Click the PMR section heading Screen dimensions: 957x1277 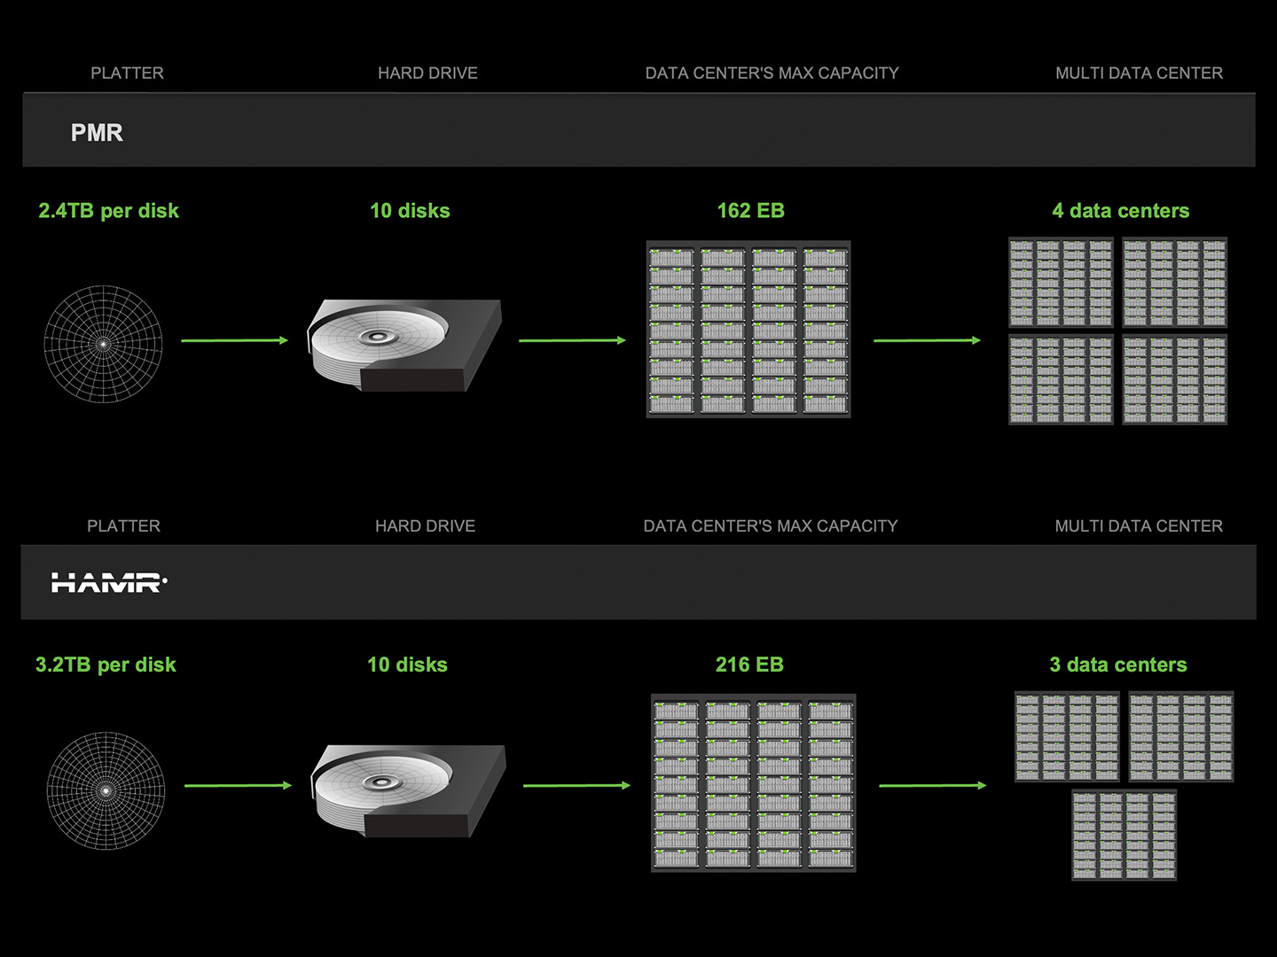click(x=97, y=133)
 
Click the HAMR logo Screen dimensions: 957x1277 click(x=108, y=582)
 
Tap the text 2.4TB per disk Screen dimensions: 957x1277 click(x=108, y=211)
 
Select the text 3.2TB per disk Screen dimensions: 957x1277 click(x=106, y=665)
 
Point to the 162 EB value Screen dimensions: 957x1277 click(x=750, y=211)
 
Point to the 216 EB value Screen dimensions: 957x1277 click(x=749, y=665)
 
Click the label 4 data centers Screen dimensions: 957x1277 click(x=1120, y=211)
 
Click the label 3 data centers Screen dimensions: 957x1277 click(x=1117, y=665)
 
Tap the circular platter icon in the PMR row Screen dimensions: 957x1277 click(x=103, y=344)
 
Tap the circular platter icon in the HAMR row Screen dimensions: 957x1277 click(x=106, y=790)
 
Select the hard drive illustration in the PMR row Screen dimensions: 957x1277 click(x=405, y=345)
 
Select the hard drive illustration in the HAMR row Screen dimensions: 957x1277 click(x=408, y=790)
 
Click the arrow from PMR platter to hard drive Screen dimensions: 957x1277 click(x=234, y=340)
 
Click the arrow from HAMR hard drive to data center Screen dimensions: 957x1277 click(x=576, y=785)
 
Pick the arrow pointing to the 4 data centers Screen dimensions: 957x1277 click(x=927, y=340)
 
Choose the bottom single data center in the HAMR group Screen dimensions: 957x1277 click(x=1124, y=835)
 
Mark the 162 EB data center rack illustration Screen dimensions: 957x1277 click(x=748, y=329)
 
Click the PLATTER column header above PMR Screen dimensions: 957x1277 click(x=127, y=74)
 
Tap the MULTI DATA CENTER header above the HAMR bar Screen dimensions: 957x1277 click(x=1139, y=526)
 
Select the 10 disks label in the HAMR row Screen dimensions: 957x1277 click(x=407, y=665)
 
